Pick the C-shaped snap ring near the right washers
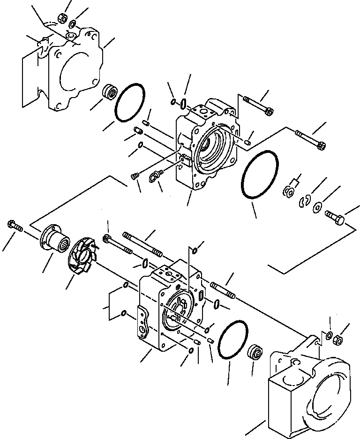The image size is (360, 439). [x=303, y=201]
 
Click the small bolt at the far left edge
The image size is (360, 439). [x=14, y=225]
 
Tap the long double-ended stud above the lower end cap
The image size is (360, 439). [x=142, y=244]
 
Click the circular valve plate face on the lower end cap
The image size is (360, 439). [x=178, y=312]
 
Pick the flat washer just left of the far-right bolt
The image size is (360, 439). [x=318, y=206]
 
